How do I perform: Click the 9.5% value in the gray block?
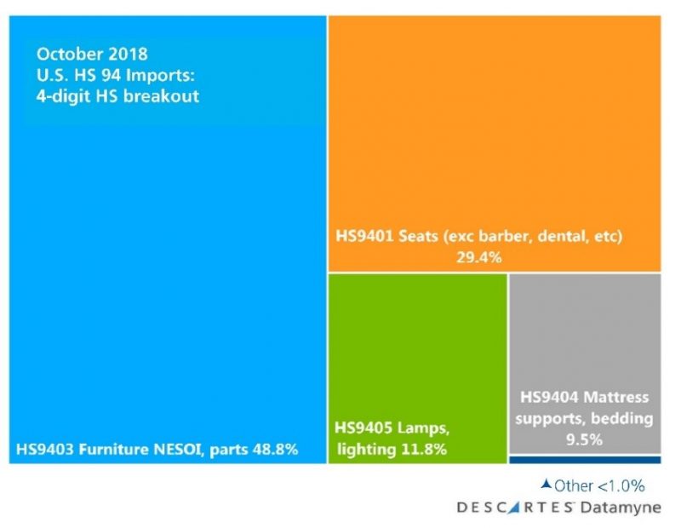[585, 439]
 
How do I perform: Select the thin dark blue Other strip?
[585, 460]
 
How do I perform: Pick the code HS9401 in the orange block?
[360, 236]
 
